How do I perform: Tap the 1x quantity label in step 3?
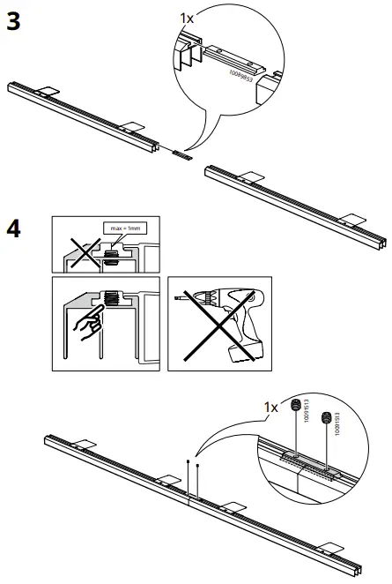coord(189,18)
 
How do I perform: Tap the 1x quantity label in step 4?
coord(271,407)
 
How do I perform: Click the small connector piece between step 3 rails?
coord(181,153)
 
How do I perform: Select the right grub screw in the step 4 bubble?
coord(328,417)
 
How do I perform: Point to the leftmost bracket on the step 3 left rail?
coord(48,91)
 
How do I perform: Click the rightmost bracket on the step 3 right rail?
coord(356,217)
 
